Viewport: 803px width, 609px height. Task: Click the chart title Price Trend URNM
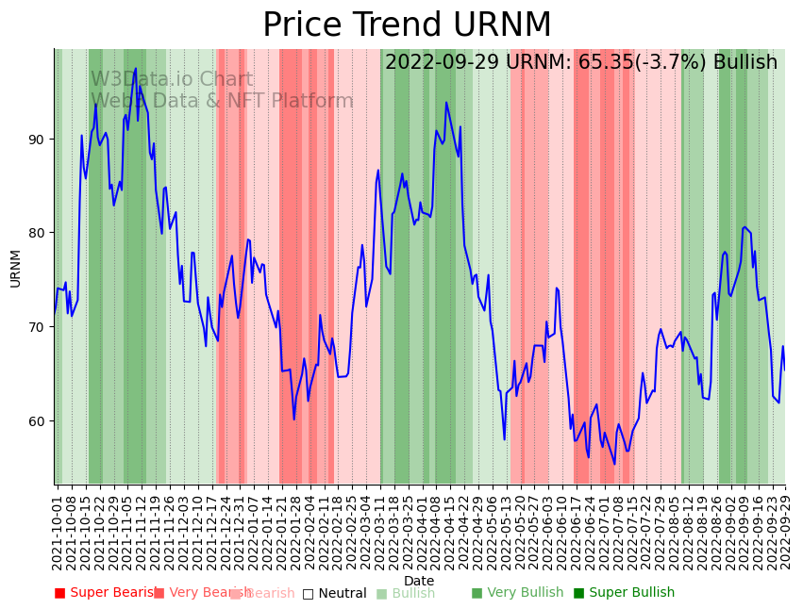tap(407, 25)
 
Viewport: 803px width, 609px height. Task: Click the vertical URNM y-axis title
tap(15, 268)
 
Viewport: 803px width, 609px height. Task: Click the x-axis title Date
tap(419, 581)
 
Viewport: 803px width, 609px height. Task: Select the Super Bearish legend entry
tap(106, 593)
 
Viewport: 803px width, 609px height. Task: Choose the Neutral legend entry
tap(334, 593)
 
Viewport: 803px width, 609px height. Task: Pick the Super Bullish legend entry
tap(624, 593)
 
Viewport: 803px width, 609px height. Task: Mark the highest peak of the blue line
tap(136, 68)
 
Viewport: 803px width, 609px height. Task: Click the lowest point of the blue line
tap(614, 464)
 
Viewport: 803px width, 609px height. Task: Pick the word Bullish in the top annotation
tap(745, 62)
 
